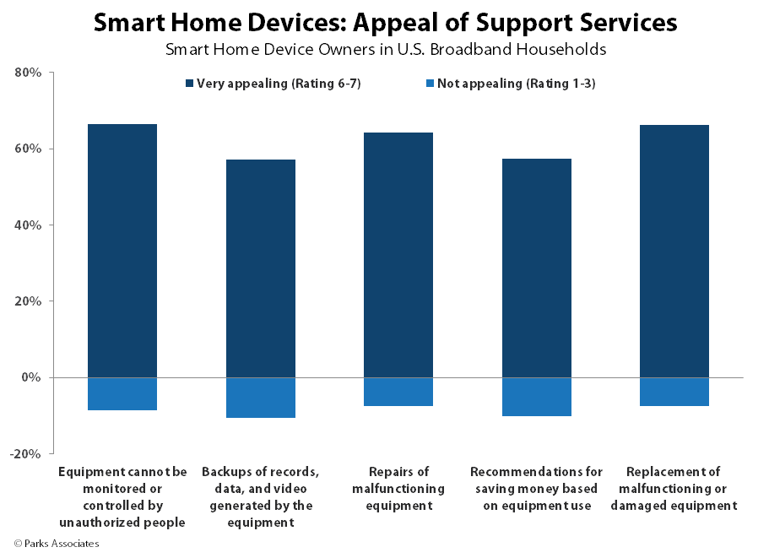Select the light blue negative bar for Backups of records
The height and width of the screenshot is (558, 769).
260,398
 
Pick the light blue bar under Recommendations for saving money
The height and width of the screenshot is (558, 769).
537,397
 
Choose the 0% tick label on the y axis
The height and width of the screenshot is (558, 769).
31,377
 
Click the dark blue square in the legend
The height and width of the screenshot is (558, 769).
189,84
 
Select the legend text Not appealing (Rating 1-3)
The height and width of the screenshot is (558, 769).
517,84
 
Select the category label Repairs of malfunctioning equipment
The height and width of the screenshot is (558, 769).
398,489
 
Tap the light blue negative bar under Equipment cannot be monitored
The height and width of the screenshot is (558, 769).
122,393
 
